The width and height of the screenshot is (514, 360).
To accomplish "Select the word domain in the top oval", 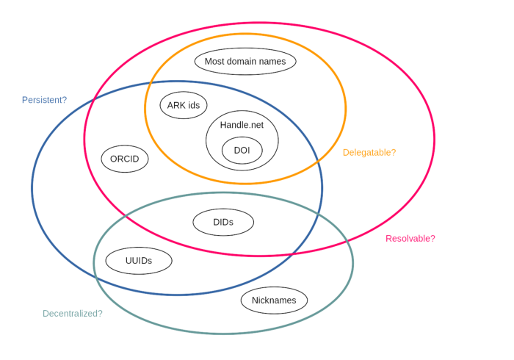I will coord(242,61).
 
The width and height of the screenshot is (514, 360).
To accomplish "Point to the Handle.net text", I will coord(242,126).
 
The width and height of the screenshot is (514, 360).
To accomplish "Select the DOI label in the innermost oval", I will coord(242,149).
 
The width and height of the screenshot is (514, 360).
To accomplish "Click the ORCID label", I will coord(124,159).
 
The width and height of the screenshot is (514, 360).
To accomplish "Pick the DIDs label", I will coord(224,221).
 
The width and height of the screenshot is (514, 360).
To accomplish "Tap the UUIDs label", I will coord(139,260).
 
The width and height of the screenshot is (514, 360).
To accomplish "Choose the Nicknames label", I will coord(274,300).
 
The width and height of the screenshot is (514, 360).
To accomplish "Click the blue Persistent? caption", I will coord(44,99).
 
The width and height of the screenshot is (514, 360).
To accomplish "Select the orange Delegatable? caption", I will coord(369,153).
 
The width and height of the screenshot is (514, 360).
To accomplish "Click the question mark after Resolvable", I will coord(432,239).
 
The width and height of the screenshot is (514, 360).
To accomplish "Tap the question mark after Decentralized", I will coord(99,314).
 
